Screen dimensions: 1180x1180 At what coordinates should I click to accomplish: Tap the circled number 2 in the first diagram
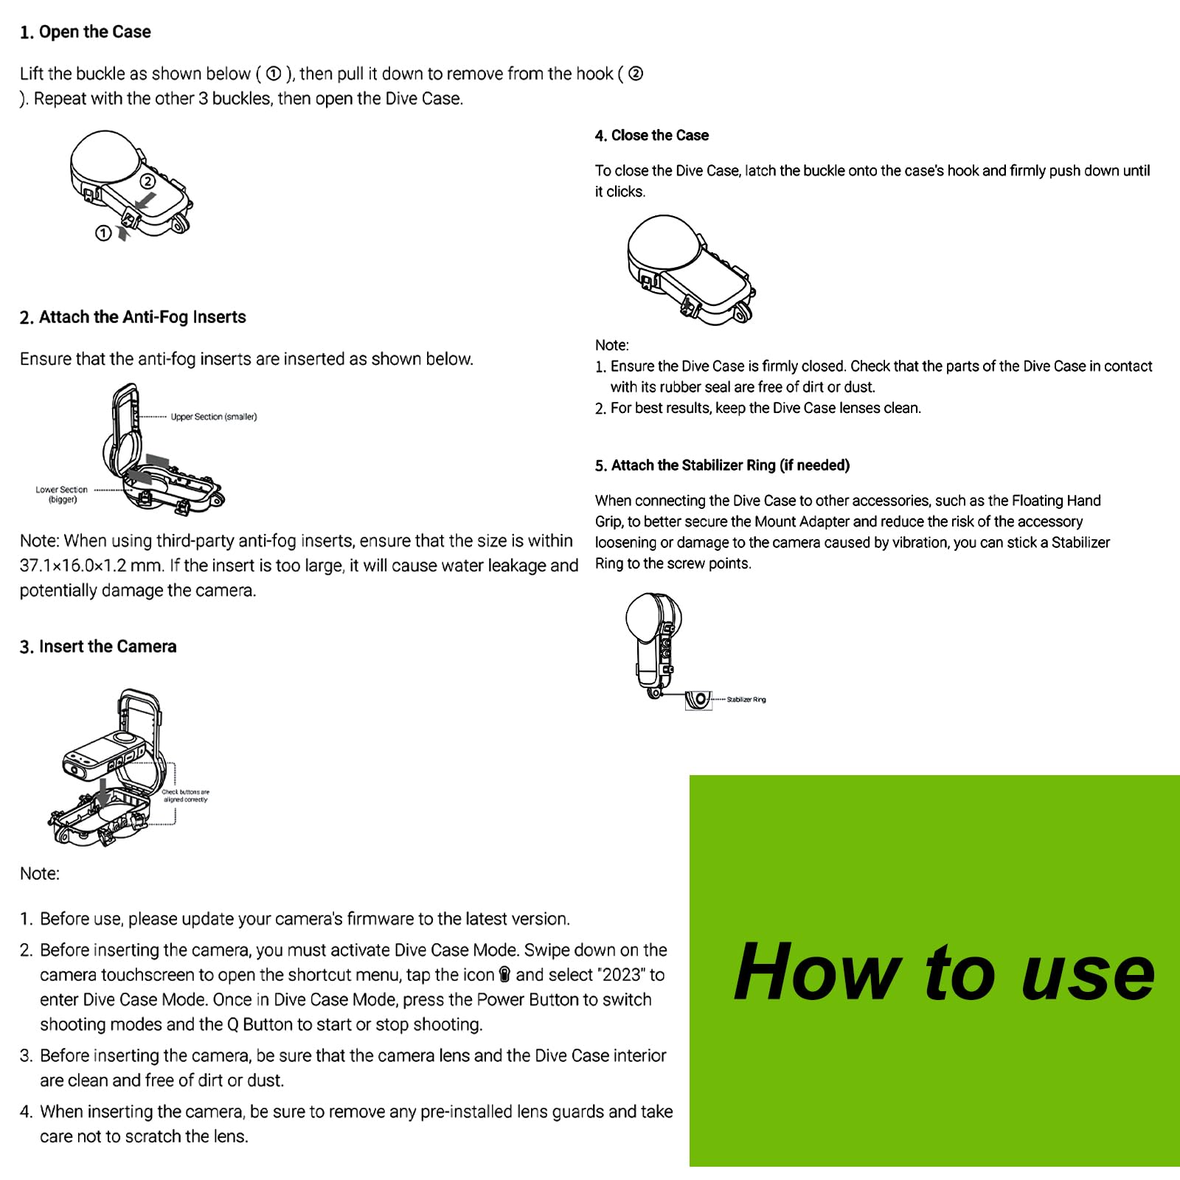148,181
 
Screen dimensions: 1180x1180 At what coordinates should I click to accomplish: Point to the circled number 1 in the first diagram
103,233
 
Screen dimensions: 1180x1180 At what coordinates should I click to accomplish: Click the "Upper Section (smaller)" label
214,417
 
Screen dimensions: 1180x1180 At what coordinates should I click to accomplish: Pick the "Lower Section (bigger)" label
61,494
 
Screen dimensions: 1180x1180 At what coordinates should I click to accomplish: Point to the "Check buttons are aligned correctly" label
185,796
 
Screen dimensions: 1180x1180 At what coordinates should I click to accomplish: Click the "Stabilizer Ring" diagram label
746,700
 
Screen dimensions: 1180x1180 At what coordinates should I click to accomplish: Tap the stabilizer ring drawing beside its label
698,699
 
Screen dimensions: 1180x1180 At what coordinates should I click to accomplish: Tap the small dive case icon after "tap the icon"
505,975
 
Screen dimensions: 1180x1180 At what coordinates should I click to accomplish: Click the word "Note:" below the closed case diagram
612,345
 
